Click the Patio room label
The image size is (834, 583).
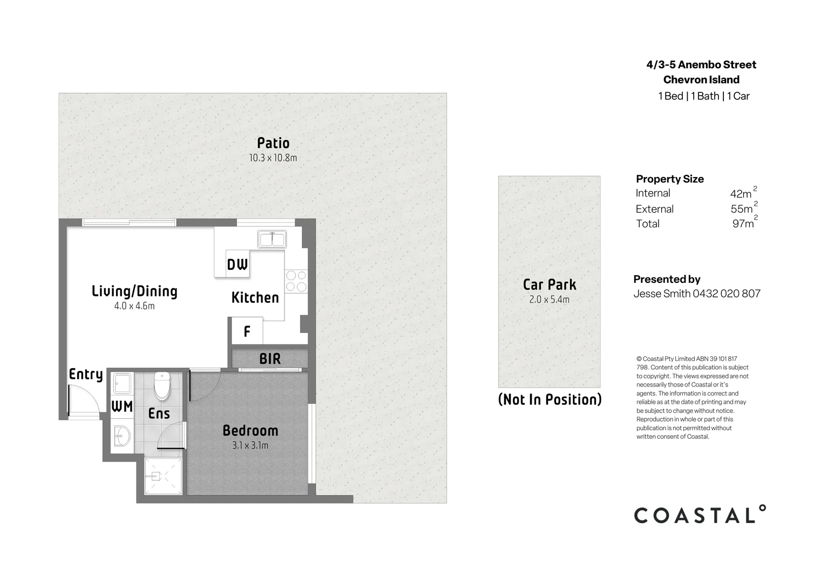coord(273,143)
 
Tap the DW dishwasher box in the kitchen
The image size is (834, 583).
coord(237,264)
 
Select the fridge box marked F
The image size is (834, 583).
coord(247,331)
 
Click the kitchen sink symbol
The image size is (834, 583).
coord(272,239)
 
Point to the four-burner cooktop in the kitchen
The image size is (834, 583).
coord(296,281)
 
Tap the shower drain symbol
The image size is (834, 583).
coord(156,476)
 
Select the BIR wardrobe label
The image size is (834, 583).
coord(270,358)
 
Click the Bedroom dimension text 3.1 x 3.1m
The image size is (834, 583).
coord(250,445)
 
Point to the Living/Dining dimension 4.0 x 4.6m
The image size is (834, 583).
coord(134,306)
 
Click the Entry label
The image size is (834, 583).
coord(86,374)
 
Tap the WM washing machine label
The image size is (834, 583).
coord(122,406)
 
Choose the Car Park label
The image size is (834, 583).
coord(550,284)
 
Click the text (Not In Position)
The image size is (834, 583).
coord(550,399)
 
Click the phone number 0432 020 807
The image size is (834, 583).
coord(727,294)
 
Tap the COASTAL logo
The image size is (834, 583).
coord(700,515)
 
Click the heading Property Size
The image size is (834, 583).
coord(670,179)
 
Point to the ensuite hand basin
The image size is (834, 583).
coord(121,435)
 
